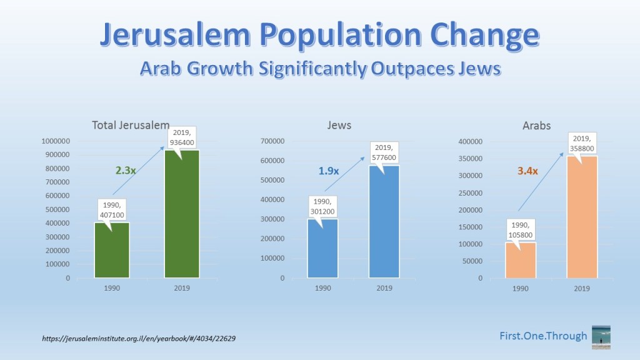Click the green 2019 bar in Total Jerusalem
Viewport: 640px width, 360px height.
point(182,219)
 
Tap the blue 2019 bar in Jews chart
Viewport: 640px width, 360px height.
point(384,225)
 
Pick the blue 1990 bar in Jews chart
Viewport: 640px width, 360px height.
point(322,250)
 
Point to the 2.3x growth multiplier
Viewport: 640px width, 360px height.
point(126,169)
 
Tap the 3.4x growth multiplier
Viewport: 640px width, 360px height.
point(527,170)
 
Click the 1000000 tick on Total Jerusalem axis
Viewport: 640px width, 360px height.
point(55,141)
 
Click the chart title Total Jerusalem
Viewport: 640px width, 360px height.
point(130,125)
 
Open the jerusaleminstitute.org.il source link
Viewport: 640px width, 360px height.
point(139,338)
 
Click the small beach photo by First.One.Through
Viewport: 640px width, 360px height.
point(601,337)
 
